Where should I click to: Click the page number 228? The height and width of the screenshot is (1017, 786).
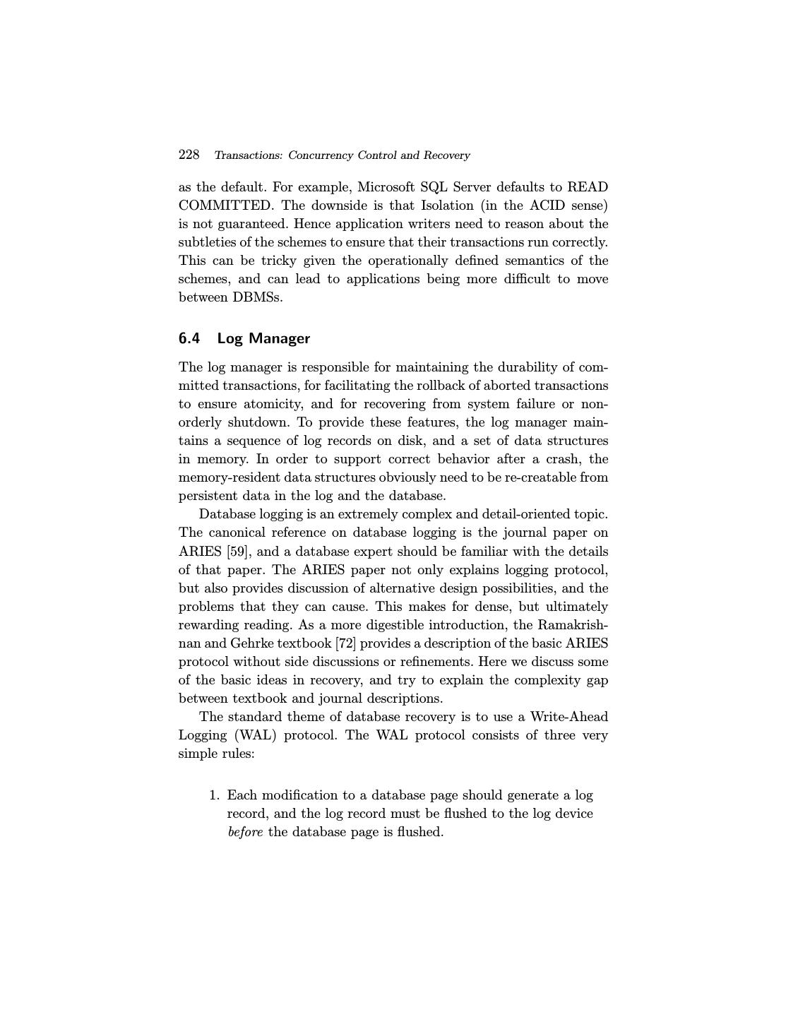[189, 155]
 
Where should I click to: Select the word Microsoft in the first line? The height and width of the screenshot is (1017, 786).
[386, 187]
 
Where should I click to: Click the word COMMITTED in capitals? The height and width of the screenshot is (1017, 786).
[225, 206]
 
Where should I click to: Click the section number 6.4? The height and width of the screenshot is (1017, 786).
[189, 338]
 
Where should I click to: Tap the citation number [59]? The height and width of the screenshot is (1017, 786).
[237, 552]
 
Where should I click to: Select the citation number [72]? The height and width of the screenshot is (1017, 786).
[347, 643]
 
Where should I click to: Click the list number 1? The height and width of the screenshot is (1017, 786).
[214, 795]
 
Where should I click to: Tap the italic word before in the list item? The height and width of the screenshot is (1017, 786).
[245, 832]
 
